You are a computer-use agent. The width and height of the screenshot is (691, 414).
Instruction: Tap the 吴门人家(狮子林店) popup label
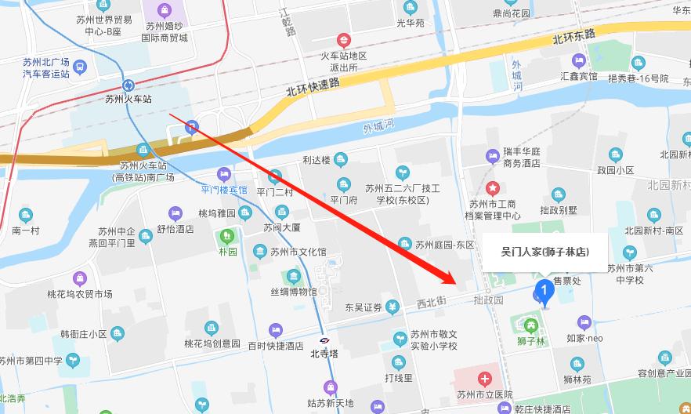(x=544, y=252)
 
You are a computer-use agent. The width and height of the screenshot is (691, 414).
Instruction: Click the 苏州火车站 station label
(x=128, y=100)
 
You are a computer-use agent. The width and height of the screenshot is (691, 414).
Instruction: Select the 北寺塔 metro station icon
(x=324, y=341)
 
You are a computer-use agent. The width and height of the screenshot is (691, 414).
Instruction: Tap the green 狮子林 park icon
(x=531, y=324)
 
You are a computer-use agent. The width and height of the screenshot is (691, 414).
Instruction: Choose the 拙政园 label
(x=489, y=300)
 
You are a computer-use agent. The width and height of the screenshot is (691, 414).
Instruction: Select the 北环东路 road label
(x=573, y=35)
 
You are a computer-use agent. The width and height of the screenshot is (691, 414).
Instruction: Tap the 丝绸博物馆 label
(x=294, y=292)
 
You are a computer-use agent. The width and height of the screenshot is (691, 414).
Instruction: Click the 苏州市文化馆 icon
(x=259, y=252)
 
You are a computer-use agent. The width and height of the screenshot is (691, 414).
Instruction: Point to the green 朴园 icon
(x=228, y=234)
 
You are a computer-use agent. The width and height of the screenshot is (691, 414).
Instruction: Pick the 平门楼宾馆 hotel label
(x=224, y=190)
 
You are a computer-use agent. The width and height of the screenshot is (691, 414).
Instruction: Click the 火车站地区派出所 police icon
(x=343, y=40)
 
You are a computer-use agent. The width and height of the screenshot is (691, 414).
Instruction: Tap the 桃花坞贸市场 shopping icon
(x=79, y=278)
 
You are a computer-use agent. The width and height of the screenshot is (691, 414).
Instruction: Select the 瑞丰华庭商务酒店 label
(x=522, y=158)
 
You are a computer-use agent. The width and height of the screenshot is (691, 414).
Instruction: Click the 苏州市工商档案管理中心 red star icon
(x=493, y=188)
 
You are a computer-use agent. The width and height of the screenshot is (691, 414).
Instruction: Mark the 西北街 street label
(x=431, y=301)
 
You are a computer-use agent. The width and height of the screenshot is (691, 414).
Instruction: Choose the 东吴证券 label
(x=363, y=307)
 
